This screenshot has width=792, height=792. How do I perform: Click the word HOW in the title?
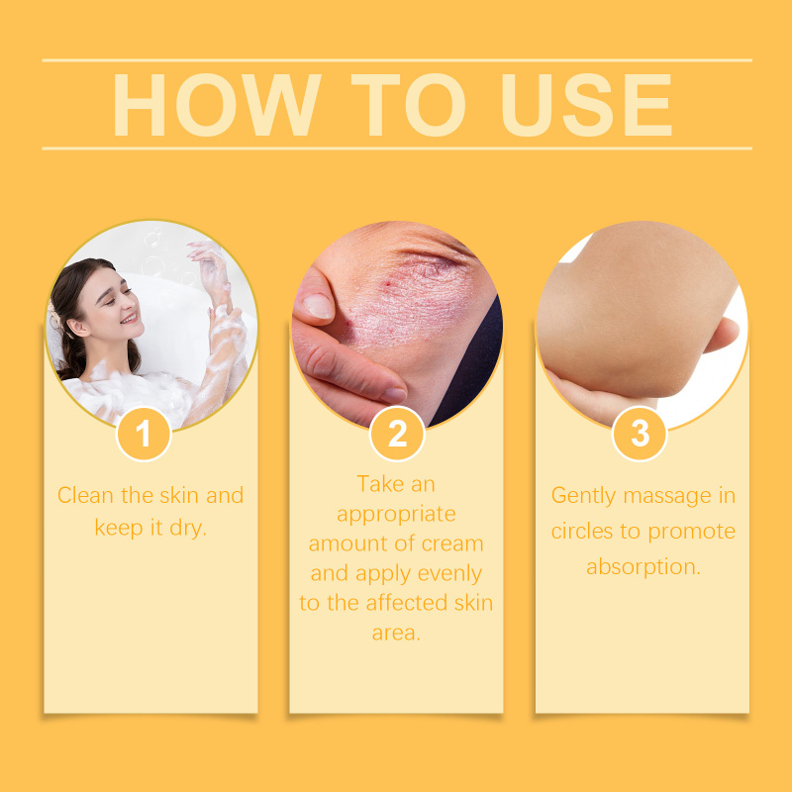pos(217,105)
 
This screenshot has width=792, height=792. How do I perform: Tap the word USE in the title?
pos(586,105)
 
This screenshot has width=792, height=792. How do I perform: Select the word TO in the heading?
pos(408,105)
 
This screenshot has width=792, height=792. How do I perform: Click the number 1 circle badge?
pos(144,434)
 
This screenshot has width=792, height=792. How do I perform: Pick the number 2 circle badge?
pos(397,434)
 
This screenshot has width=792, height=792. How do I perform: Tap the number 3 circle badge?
pos(640,434)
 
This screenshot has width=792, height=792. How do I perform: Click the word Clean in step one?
pos(85,495)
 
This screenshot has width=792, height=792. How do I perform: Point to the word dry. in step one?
pos(188,528)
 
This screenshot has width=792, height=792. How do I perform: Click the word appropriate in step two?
pos(397,515)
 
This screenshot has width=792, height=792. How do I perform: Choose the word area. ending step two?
pos(397,633)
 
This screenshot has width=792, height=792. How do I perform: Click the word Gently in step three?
pos(583,496)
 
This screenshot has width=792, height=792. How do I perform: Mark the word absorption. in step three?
pos(643,567)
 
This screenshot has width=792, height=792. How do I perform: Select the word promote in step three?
pos(691,532)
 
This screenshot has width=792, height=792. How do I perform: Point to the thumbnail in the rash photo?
pos(318,306)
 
